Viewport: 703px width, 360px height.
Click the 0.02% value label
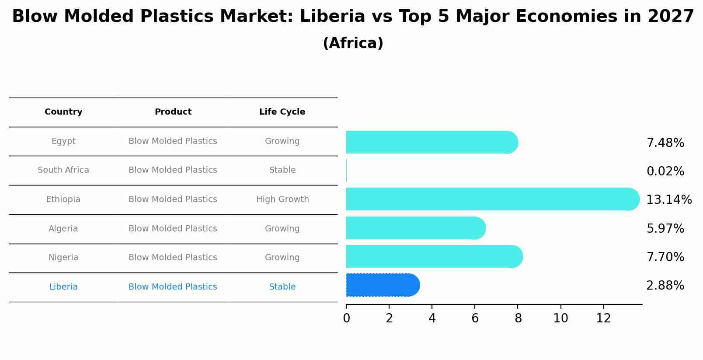point(665,171)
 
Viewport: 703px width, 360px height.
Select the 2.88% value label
point(665,286)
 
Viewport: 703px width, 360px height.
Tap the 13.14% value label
point(668,200)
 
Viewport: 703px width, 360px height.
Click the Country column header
point(63,112)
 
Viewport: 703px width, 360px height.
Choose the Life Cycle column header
point(282,112)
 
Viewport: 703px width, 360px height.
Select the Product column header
point(173,112)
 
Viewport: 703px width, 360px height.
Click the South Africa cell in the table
point(63,170)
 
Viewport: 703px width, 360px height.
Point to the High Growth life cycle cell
point(282,199)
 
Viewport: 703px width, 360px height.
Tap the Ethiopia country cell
point(63,199)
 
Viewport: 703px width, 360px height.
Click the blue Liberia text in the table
point(63,287)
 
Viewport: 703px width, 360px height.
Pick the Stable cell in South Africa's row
point(282,170)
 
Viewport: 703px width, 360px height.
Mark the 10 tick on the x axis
point(560,318)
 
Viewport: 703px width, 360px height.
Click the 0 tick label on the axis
point(346,318)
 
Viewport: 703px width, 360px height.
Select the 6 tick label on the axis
point(475,318)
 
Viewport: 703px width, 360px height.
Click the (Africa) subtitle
point(353,43)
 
